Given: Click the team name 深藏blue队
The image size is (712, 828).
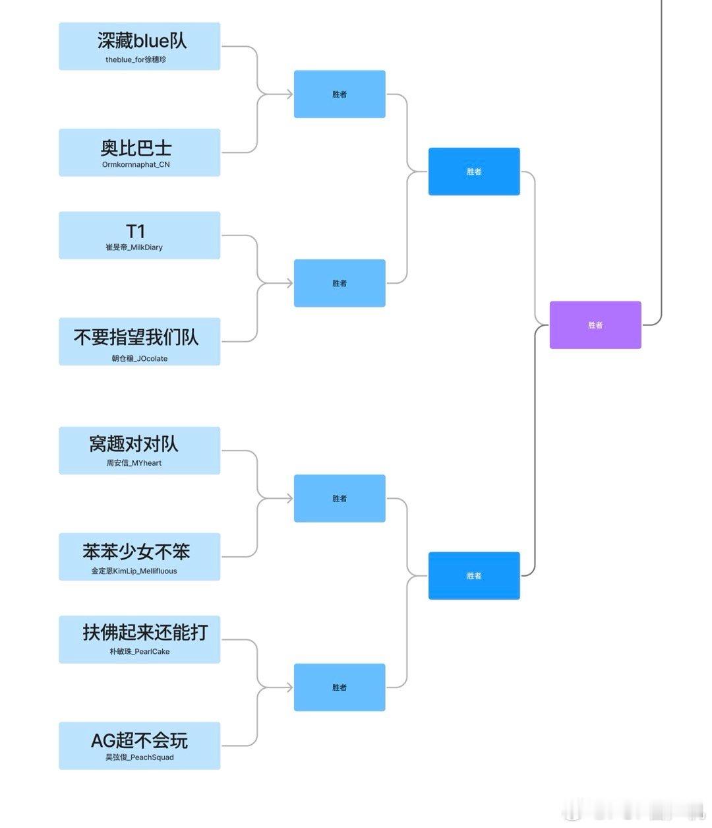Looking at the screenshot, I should [x=142, y=41].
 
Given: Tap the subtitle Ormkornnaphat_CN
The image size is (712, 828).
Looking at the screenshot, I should [x=136, y=165].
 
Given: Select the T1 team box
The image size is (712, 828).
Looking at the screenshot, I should [x=139, y=235].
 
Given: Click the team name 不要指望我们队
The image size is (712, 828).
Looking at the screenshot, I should [x=136, y=337].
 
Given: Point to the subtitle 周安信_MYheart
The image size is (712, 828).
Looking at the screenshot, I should [x=134, y=463].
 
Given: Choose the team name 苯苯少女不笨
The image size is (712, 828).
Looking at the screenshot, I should [x=136, y=551].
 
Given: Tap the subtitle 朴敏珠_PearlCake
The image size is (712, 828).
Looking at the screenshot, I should [x=139, y=652].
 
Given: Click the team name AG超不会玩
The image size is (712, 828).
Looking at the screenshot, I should [x=139, y=740].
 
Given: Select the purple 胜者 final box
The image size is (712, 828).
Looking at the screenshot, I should [x=595, y=325].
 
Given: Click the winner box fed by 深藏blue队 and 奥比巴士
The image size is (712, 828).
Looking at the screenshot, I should [x=339, y=94].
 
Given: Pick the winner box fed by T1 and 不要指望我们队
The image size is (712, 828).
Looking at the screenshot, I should [x=339, y=283].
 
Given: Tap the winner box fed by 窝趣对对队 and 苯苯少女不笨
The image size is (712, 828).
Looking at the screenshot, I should [x=339, y=499].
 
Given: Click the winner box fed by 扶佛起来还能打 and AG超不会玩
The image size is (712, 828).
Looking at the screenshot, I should [x=339, y=687].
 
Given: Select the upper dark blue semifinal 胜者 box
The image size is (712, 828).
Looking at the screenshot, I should [x=473, y=172].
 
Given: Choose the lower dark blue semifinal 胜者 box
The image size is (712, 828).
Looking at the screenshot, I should [x=473, y=576].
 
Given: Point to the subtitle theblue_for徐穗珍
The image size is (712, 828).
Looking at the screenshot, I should [x=136, y=59].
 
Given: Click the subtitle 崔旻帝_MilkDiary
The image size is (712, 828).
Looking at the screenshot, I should [x=134, y=247].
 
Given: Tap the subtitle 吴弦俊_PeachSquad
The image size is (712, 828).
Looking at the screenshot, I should [x=139, y=757].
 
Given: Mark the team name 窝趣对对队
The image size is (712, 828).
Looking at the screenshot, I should [x=134, y=444].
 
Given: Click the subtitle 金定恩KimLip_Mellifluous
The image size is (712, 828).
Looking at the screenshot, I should [x=134, y=571].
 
